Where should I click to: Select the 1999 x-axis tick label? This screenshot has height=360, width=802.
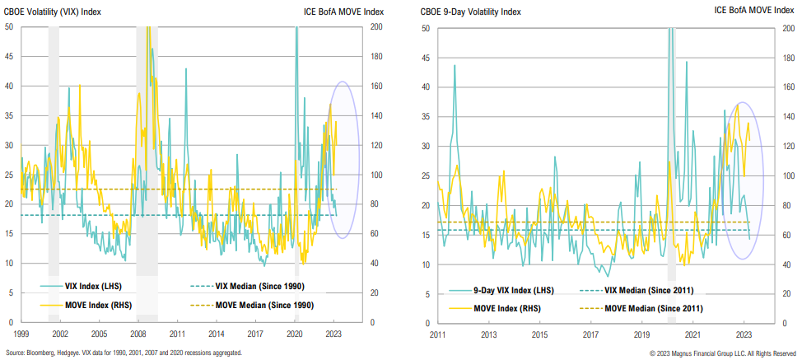(22, 334)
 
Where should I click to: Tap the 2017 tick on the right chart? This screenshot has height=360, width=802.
(590, 335)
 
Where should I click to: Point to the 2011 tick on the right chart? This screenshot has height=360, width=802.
(437, 335)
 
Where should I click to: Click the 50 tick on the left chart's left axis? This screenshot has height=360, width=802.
(9, 26)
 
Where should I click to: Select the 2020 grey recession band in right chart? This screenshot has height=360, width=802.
(671, 165)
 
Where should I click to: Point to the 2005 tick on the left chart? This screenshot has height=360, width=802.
(98, 334)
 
